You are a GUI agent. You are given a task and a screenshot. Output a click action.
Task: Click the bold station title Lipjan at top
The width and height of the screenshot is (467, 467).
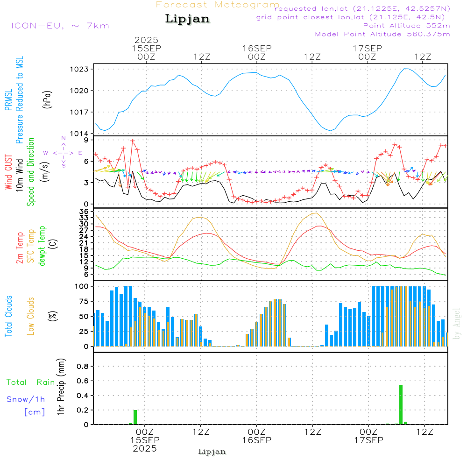[187, 19]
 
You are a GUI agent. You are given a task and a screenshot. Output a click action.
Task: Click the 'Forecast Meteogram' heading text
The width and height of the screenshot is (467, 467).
[218, 5]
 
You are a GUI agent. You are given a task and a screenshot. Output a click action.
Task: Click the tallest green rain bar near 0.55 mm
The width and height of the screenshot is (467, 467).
[401, 404]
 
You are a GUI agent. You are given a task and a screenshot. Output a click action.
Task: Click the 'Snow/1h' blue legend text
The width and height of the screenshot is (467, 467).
[26, 399]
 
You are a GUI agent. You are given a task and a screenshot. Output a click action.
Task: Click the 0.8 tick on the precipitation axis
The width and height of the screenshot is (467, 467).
[83, 367]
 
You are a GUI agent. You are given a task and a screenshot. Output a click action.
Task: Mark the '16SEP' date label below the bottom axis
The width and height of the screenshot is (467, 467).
[256, 440]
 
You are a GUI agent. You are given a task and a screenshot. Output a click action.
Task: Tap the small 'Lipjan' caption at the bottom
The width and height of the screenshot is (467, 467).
[212, 452]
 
